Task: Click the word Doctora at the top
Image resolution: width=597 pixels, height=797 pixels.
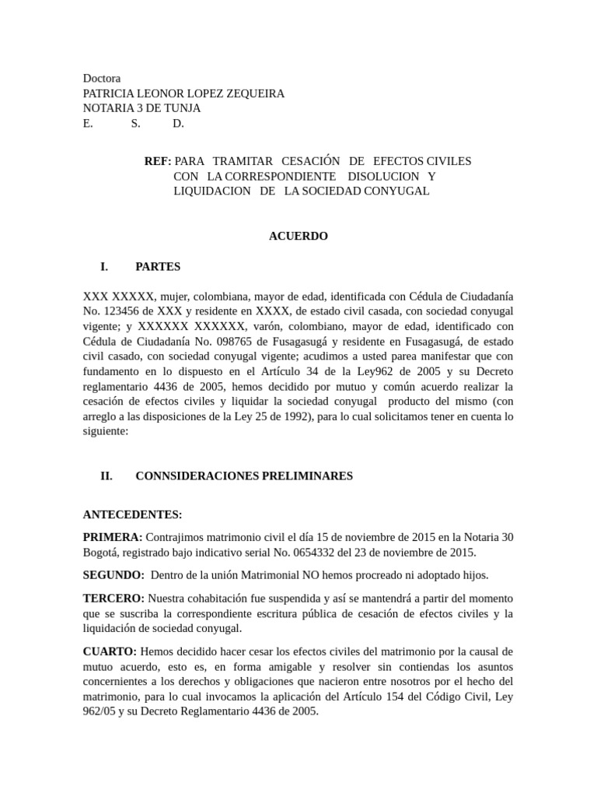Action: coord(102,79)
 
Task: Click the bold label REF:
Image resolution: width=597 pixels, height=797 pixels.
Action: coord(158,161)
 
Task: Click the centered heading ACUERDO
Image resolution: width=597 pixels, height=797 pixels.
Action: coord(298,236)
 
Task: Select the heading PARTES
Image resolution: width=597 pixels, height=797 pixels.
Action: coord(158,266)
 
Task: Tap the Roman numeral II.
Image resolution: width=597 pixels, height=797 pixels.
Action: coord(106,476)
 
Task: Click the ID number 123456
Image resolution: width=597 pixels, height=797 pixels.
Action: coord(123,311)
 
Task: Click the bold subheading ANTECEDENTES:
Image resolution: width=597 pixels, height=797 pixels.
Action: coord(133,514)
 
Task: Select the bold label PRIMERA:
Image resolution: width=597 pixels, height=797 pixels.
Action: coord(113,538)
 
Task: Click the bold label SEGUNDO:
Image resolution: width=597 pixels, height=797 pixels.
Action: coord(113,575)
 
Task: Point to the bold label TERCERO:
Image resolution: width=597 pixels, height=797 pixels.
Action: coord(113,599)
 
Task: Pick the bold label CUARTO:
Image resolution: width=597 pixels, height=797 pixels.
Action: coord(110,651)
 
